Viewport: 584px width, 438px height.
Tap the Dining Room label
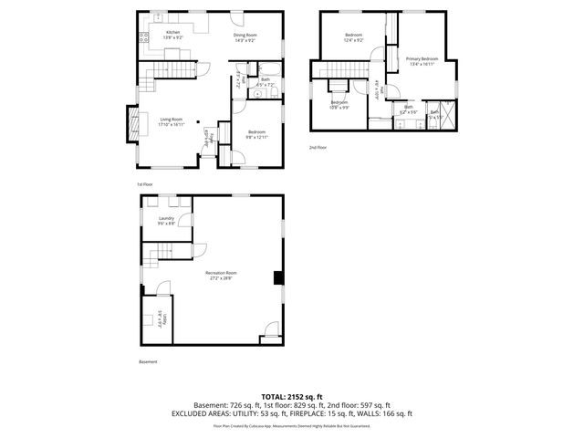coord(244,37)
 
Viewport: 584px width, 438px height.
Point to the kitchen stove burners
coord(142,37)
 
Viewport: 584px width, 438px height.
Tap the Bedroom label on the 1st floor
coord(256,134)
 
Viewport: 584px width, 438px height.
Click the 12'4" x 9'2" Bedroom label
coord(353,37)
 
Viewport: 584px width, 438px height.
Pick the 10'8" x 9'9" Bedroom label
coord(339,104)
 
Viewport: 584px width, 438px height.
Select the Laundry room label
coord(166,220)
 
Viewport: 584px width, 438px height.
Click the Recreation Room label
coord(221,275)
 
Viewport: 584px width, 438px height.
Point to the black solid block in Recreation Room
coord(278,279)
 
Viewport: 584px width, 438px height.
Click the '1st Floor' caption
coord(145,183)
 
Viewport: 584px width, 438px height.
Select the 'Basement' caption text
coord(148,362)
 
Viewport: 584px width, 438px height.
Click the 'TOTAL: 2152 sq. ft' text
coord(291,395)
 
